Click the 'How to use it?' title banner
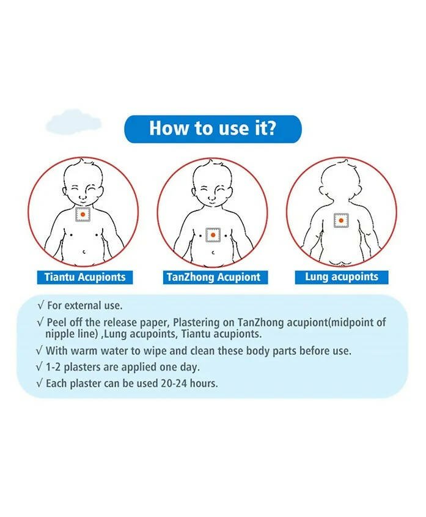point(213,129)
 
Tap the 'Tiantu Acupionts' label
point(84,277)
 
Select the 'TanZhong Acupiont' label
point(212,277)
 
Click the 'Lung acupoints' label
point(341,277)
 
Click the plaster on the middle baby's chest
point(212,234)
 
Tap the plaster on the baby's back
point(341,220)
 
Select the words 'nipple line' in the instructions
point(70,334)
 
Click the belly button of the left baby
point(84,250)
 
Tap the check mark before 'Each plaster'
point(40,384)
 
